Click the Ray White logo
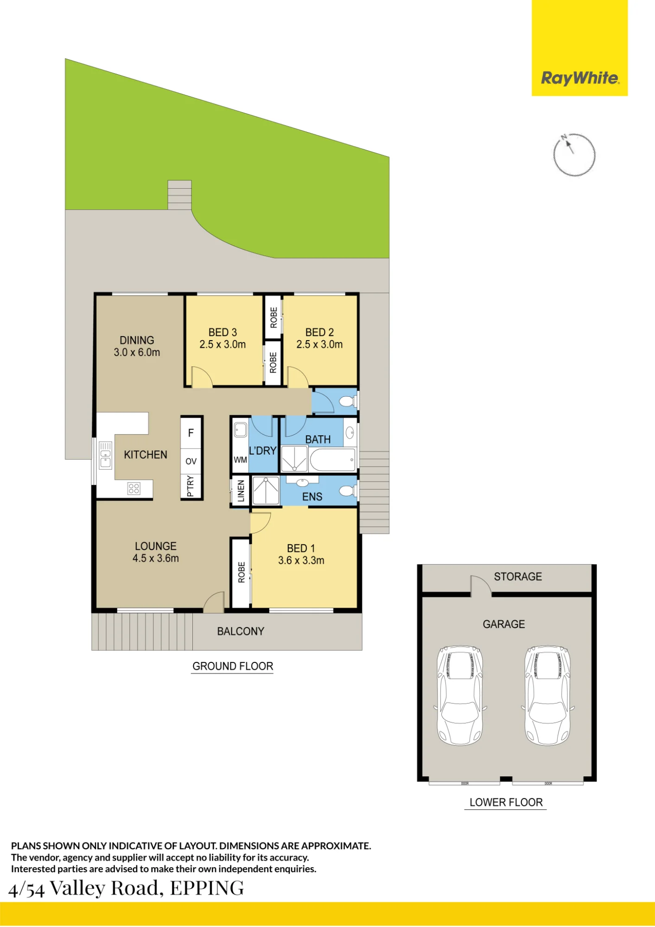coord(579,48)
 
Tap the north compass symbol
coord(574,155)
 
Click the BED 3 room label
coord(223,332)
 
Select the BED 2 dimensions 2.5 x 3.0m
coord(319,344)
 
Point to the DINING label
coord(137,340)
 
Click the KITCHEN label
coord(146,455)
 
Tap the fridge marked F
coord(191,433)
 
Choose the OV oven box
coord(191,461)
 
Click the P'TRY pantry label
coord(191,486)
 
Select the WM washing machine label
coord(240,460)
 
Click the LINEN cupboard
coord(241,491)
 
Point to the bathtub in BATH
coord(332,460)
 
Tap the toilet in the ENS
coord(348,490)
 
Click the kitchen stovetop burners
coord(134,488)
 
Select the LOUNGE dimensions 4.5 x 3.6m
coord(156,559)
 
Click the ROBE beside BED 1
coord(241,572)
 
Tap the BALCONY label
coord(241,631)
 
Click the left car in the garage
coord(460,695)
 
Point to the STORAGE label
coord(518,577)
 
